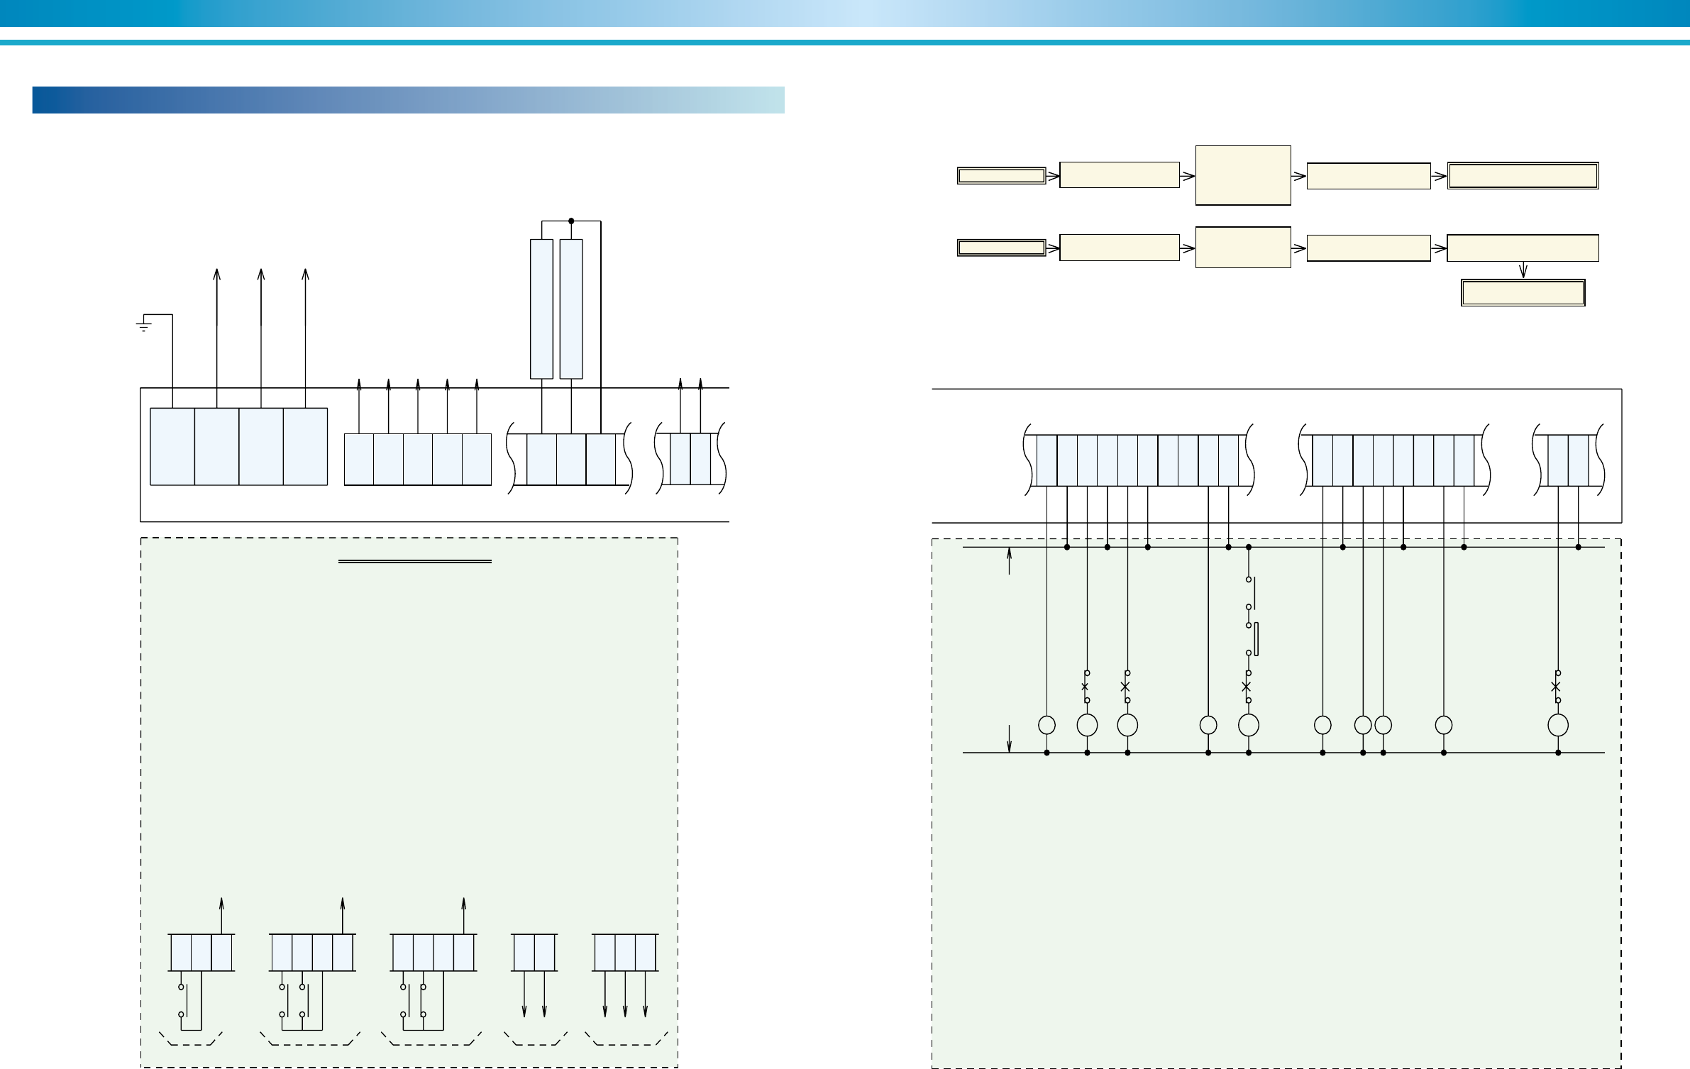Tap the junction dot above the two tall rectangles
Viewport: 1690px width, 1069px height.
coord(571,221)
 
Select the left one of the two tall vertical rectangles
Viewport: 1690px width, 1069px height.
coord(541,309)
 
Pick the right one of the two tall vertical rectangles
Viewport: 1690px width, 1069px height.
coord(571,309)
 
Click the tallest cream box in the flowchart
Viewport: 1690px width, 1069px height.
coord(1242,175)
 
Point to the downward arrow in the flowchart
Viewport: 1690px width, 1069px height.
coord(1523,270)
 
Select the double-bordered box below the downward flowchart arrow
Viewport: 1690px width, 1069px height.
coord(1523,293)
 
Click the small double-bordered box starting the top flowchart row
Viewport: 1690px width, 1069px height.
coord(1001,176)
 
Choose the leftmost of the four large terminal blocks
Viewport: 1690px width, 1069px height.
coord(172,446)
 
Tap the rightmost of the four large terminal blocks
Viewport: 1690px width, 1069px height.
coord(305,446)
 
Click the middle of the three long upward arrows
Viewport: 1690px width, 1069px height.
coord(261,298)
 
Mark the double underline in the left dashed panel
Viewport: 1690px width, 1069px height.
coord(415,562)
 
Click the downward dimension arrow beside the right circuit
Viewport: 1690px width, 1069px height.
coord(1009,738)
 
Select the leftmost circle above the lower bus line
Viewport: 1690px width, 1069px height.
coord(1046,725)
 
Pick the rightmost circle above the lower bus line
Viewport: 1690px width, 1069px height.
coord(1557,725)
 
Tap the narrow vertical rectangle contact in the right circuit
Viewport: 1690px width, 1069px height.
coord(1257,639)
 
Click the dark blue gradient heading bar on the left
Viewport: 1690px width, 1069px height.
coord(408,100)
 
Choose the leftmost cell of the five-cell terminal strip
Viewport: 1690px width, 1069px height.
coord(359,459)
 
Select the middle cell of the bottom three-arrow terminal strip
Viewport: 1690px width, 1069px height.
coord(625,953)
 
